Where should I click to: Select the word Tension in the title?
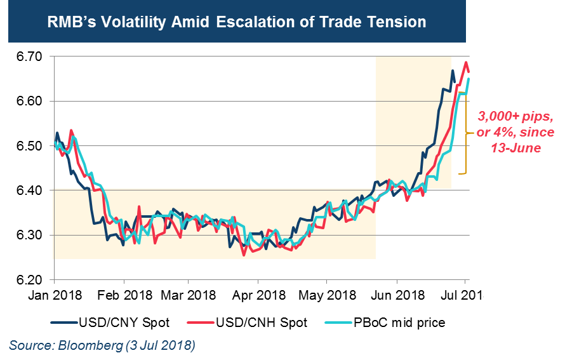[396, 22]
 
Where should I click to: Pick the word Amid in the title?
[194, 22]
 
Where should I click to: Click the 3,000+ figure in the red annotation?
[495, 117]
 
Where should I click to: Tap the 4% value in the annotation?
[502, 133]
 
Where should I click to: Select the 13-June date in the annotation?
[515, 148]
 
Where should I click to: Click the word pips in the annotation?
[533, 117]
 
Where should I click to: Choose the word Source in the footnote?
[31, 346]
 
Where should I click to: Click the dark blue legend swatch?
[64, 323]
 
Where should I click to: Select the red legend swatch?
[201, 323]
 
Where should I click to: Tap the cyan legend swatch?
[338, 323]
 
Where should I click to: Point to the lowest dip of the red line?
[244, 255]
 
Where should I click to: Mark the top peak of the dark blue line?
[453, 70]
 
